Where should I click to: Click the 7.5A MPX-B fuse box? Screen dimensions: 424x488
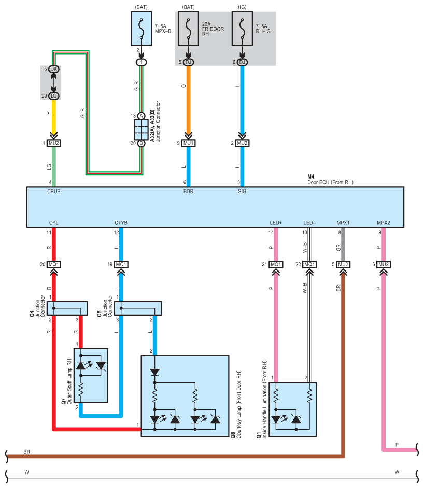point(141,29)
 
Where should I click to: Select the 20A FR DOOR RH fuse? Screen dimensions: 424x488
point(188,29)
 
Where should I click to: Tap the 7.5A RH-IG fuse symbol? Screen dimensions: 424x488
point(242,29)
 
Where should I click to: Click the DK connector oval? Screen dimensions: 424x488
point(54,69)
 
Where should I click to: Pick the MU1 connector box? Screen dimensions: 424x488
point(188,143)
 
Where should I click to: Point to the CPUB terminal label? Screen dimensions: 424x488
point(54,192)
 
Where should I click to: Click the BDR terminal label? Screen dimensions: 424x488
point(188,192)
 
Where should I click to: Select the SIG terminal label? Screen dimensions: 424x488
point(242,192)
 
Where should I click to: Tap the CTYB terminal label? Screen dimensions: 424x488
point(121,223)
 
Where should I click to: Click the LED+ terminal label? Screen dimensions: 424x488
point(276,223)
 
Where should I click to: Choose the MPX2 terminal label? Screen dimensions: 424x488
point(383,223)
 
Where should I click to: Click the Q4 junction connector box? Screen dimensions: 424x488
point(67,308)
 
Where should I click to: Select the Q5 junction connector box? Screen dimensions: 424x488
point(138,308)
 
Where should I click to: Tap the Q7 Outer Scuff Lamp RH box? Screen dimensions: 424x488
point(91,376)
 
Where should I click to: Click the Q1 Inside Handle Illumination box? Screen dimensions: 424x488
point(292,409)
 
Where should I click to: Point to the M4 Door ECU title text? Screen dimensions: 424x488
point(330,180)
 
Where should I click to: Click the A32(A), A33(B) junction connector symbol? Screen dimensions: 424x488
point(141,129)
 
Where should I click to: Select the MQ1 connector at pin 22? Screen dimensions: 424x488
point(309,265)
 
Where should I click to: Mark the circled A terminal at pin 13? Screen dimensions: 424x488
point(141,116)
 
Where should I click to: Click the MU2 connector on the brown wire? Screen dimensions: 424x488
point(343,265)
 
